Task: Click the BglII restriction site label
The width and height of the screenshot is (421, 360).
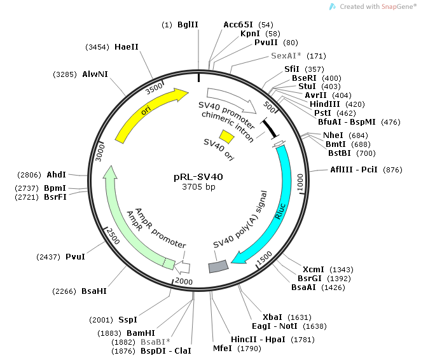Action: [x=188, y=24]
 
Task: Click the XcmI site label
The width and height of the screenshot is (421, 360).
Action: [x=313, y=269]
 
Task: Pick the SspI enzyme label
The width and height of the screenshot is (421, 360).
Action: [x=128, y=319]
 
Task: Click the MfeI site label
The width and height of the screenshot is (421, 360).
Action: [x=222, y=349]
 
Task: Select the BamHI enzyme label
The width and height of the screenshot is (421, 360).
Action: [x=141, y=333]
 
